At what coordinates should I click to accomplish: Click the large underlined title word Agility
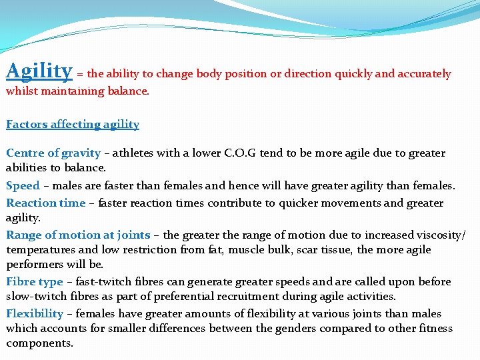[x=39, y=71]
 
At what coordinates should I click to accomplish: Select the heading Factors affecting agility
[x=73, y=124]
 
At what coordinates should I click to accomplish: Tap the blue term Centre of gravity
[x=53, y=153]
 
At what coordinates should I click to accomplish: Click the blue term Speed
[x=23, y=185]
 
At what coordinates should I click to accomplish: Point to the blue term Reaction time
[x=46, y=203]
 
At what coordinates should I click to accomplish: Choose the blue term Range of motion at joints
[x=78, y=235]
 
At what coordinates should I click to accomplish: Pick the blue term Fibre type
[x=35, y=281]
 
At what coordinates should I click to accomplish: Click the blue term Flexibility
[x=35, y=313]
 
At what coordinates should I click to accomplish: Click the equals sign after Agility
[x=80, y=75]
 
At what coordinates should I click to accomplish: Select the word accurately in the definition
[x=424, y=74]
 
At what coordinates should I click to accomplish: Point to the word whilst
[x=22, y=91]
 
